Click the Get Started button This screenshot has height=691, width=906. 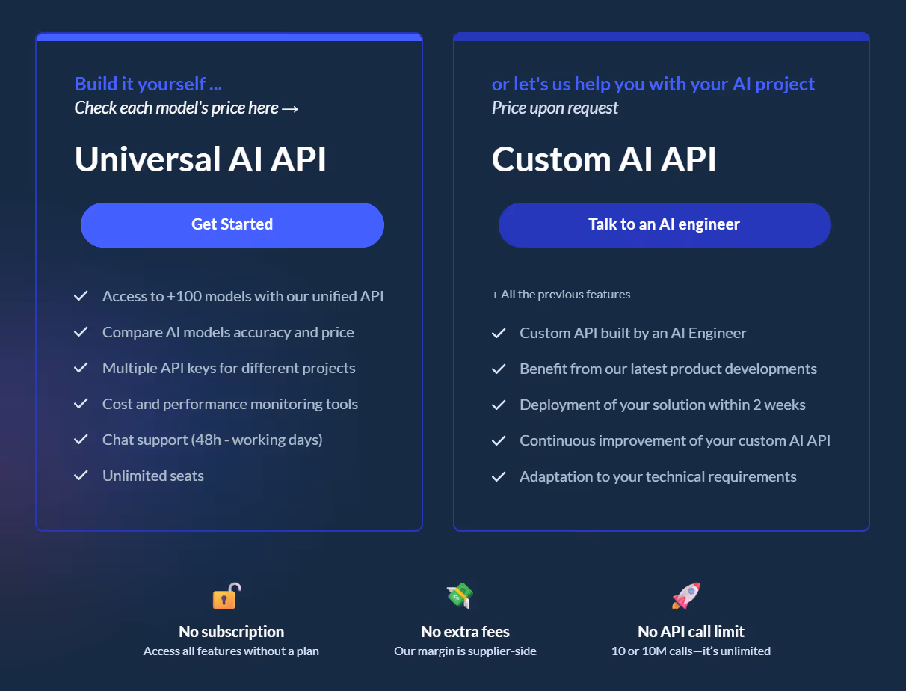232,224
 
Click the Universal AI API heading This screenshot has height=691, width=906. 200,159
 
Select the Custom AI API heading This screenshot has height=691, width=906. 603,159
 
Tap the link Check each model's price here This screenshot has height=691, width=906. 187,108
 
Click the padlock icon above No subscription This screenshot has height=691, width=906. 226,596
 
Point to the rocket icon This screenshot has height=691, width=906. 685,596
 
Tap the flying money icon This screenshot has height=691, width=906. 460,596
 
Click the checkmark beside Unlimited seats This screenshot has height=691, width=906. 81,476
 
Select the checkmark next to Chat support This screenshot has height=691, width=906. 81,440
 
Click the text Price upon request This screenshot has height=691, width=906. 555,108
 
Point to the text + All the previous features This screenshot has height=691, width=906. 561,295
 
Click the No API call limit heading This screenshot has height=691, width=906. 691,632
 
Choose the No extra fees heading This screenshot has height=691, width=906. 465,632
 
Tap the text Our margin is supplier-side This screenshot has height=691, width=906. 465,651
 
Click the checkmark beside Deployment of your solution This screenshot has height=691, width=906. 499,405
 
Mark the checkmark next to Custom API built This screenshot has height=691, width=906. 499,334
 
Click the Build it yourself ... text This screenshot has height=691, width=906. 148,84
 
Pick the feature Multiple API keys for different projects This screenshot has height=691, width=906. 229,368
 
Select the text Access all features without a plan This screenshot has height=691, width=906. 231,651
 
